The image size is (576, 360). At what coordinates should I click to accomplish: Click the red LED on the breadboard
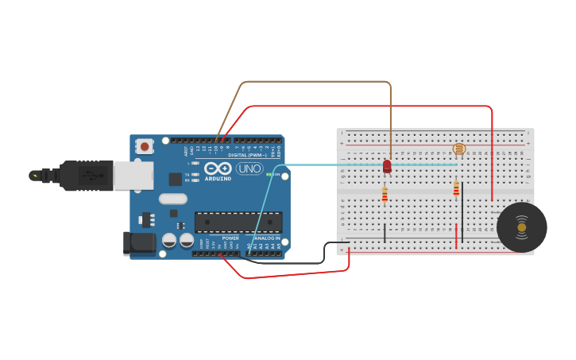(387, 166)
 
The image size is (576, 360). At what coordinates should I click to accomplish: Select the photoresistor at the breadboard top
(458, 149)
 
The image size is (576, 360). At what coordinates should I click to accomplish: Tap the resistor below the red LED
(385, 194)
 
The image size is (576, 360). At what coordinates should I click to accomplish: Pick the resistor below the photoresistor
(456, 188)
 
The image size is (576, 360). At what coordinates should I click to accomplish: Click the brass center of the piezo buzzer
(521, 227)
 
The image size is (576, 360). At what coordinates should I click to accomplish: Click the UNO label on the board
(249, 168)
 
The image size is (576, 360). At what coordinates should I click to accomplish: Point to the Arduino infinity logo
(218, 168)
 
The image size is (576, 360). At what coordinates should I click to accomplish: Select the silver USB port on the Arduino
(133, 176)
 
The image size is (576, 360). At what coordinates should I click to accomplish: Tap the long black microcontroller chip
(238, 222)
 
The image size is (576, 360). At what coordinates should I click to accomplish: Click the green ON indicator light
(269, 174)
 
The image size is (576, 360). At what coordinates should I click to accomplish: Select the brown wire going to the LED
(318, 82)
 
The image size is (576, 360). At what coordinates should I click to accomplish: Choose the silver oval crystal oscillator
(172, 199)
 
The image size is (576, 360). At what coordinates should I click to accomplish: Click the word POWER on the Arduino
(230, 238)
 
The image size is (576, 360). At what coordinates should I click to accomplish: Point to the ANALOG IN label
(266, 238)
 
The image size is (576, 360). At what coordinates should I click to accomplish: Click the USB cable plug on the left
(79, 176)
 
